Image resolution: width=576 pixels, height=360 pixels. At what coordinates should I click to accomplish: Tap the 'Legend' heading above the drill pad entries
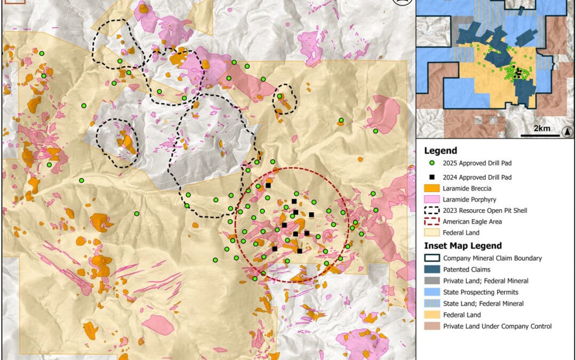[440, 151]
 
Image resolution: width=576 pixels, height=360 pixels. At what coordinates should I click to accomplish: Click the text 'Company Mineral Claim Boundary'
[492, 258]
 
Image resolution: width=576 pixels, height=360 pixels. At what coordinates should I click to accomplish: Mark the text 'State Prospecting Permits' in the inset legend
[481, 292]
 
